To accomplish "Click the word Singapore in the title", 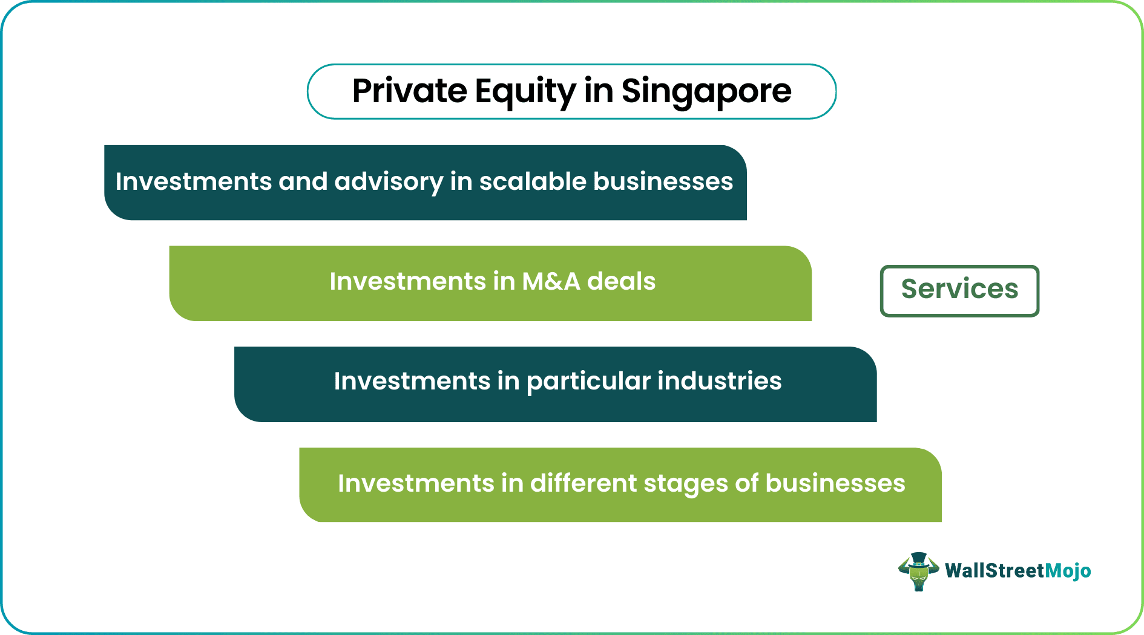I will [706, 91].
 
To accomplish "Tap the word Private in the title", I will [409, 91].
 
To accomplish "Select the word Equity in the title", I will [525, 91].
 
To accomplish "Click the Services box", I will [959, 290].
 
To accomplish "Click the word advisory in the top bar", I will [388, 181].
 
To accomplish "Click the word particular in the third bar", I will [588, 382].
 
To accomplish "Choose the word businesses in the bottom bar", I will [835, 483].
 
